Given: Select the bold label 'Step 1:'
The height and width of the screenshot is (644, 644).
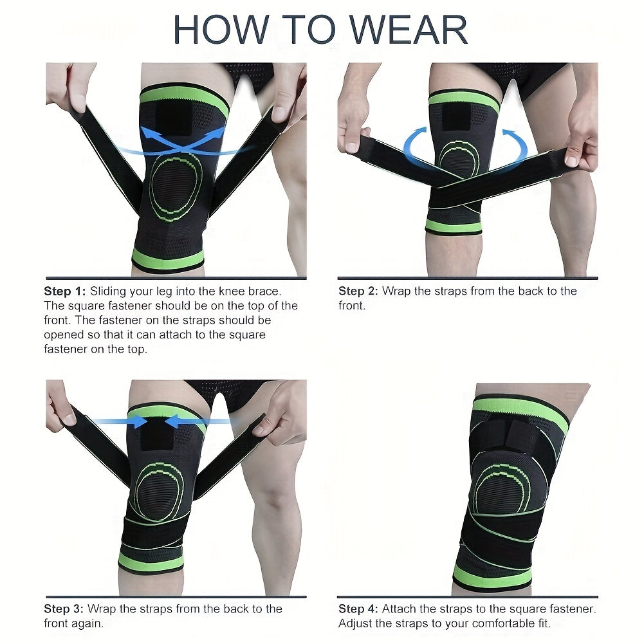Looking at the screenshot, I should click(65, 291).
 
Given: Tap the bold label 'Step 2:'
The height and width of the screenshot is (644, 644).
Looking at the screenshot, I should click(359, 291).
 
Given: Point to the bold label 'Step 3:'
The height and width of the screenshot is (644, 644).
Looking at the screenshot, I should click(65, 609).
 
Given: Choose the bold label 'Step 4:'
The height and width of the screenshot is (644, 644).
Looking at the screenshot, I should click(359, 609).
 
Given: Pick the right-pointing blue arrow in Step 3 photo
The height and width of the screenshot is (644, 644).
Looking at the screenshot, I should click(122, 421).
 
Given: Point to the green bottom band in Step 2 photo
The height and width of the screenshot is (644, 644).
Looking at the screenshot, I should click(454, 226).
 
